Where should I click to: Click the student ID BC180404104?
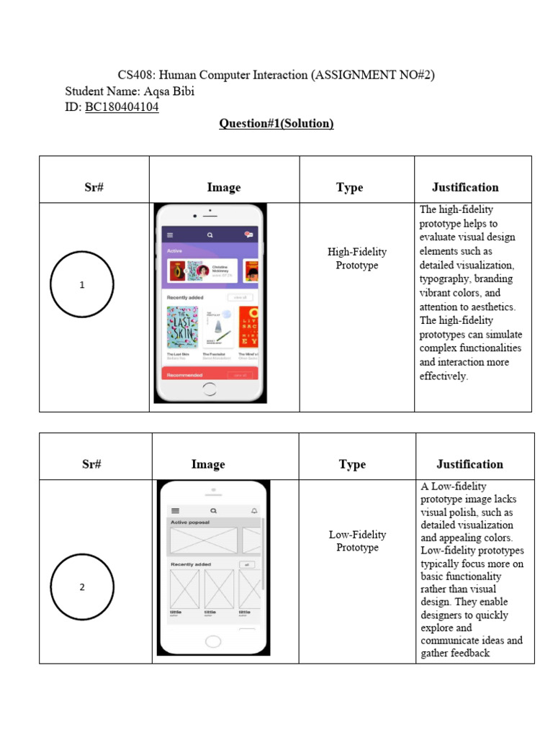[x=122, y=107]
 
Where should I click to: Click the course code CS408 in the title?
[x=135, y=76]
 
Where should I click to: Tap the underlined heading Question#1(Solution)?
[x=276, y=124]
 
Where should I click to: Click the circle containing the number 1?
[x=82, y=285]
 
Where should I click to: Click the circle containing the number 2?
[x=82, y=587]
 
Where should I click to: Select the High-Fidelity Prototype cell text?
[x=357, y=258]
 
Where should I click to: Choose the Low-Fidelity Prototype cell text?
[x=357, y=541]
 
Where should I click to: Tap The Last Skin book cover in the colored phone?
[x=182, y=327]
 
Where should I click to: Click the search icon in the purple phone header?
[x=210, y=235]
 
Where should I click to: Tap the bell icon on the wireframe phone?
[x=254, y=510]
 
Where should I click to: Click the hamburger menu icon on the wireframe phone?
[x=174, y=510]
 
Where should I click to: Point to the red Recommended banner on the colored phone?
[x=209, y=375]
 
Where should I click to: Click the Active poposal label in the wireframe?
[x=190, y=523]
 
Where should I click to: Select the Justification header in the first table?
[x=465, y=187]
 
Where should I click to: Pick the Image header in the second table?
[x=208, y=464]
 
